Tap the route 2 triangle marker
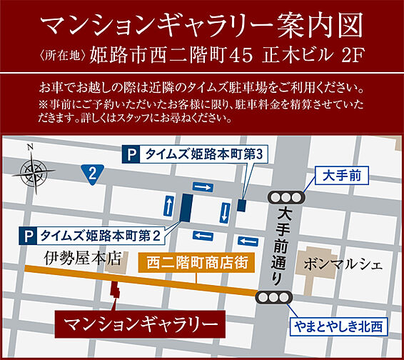click(x=93, y=171)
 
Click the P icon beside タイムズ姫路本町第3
click(x=131, y=153)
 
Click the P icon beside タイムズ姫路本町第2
click(x=29, y=234)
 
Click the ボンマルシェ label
click(x=343, y=264)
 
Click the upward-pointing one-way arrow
click(x=168, y=206)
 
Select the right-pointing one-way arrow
click(x=203, y=186)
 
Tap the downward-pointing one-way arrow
click(x=225, y=211)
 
